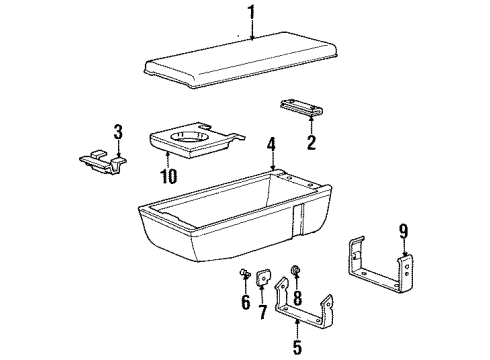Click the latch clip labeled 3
[105, 160]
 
